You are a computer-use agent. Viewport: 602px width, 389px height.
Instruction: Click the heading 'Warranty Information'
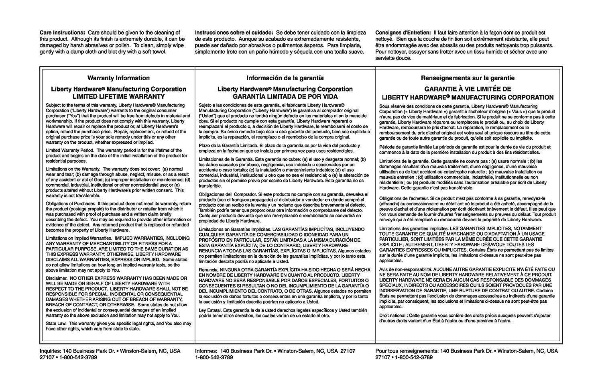point(118,78)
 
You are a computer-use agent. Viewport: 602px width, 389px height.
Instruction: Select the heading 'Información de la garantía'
point(285,78)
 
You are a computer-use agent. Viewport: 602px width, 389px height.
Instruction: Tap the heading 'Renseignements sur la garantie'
point(468,78)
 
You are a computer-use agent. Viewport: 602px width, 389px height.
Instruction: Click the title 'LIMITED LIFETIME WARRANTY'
point(118,97)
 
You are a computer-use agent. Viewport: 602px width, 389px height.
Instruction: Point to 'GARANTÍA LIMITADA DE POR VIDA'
point(285,97)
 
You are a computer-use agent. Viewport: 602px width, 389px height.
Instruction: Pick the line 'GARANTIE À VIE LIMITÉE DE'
point(468,89)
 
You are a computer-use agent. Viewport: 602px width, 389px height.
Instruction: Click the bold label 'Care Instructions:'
point(62,33)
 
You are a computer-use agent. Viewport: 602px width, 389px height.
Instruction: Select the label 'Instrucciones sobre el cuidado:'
point(234,33)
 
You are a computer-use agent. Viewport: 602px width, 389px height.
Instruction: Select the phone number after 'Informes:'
point(214,357)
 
